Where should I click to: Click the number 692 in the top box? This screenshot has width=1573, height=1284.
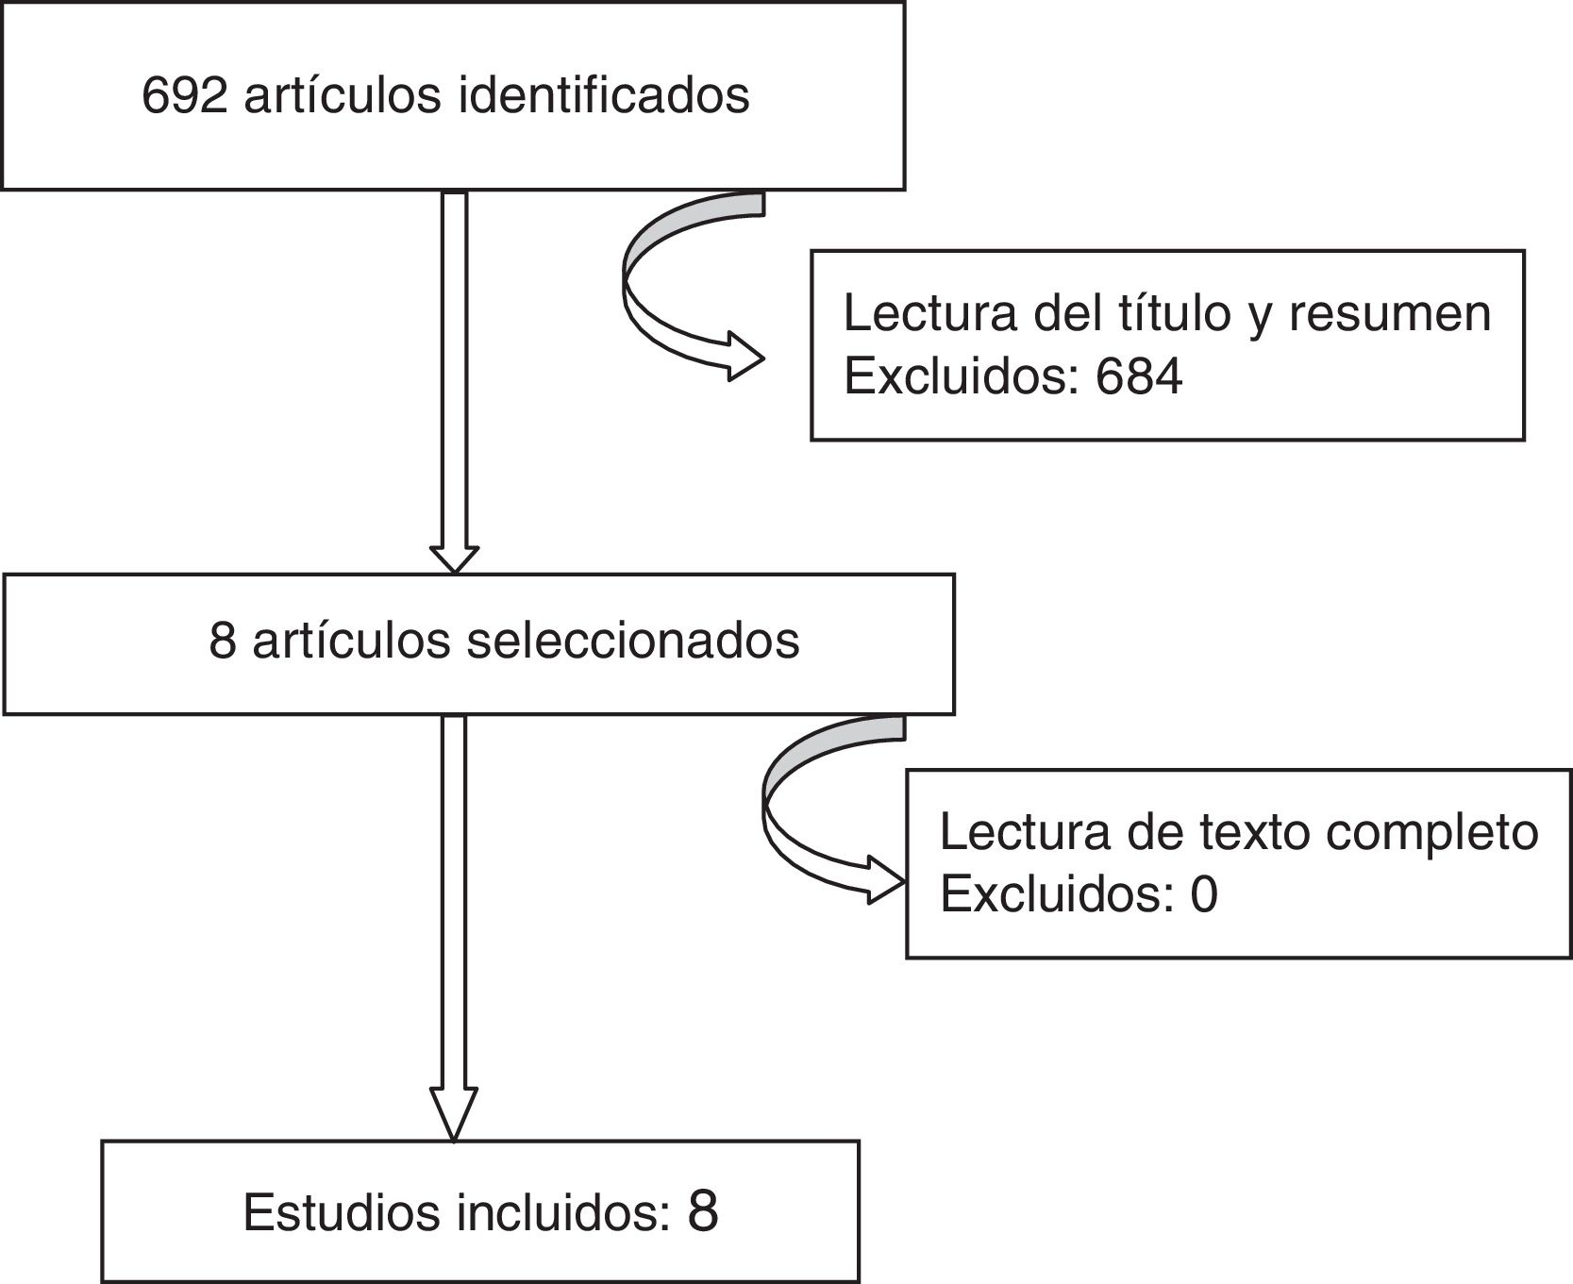click(184, 95)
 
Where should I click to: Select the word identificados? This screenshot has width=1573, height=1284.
click(604, 95)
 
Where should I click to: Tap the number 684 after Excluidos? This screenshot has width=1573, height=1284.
click(1139, 376)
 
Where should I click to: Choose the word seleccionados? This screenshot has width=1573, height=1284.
click(633, 641)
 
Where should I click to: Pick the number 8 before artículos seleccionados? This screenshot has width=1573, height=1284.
click(222, 641)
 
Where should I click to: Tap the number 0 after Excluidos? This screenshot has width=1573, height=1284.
click(1204, 893)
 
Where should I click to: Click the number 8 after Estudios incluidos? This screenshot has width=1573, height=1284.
click(703, 1210)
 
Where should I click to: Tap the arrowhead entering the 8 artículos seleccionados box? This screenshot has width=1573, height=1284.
click(454, 559)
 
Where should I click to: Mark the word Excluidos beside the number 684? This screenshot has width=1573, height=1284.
click(961, 376)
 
